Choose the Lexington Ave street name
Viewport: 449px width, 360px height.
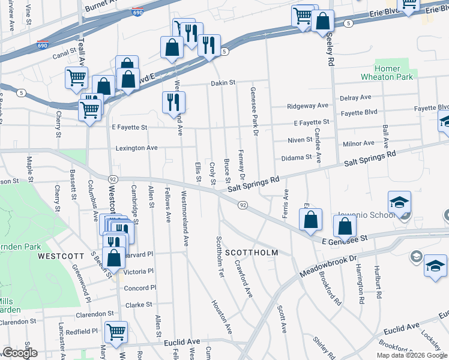[x=136, y=148]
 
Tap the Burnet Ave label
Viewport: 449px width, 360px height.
[x=109, y=8]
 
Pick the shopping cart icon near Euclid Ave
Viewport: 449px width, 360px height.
[x=116, y=331]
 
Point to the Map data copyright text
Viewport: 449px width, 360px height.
[x=411, y=355]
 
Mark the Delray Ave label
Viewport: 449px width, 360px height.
[x=355, y=97]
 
